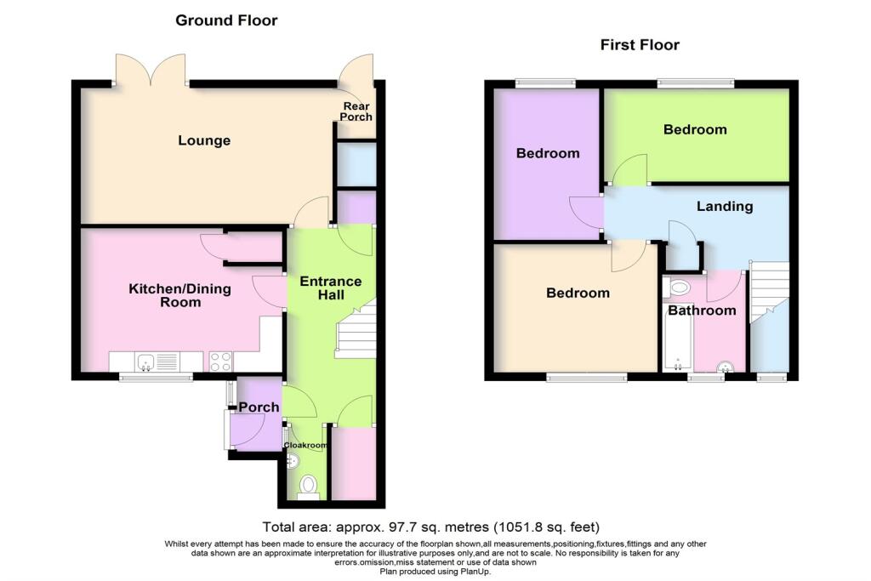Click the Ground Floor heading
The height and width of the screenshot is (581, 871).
coord(226,20)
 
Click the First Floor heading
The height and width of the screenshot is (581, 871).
coord(639,45)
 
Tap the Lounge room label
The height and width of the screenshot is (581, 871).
coord(204,140)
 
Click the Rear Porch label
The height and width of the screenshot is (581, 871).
coord(356,111)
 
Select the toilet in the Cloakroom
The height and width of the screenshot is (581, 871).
coord(308,486)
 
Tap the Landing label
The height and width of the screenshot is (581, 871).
coord(724,206)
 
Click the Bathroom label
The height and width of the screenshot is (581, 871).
coord(701,310)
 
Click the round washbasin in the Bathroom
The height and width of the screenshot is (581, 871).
coord(726,367)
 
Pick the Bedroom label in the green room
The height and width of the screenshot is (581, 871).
coord(695,129)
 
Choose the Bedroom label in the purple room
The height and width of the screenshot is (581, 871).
coord(548,153)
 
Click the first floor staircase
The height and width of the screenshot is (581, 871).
coord(769,293)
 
